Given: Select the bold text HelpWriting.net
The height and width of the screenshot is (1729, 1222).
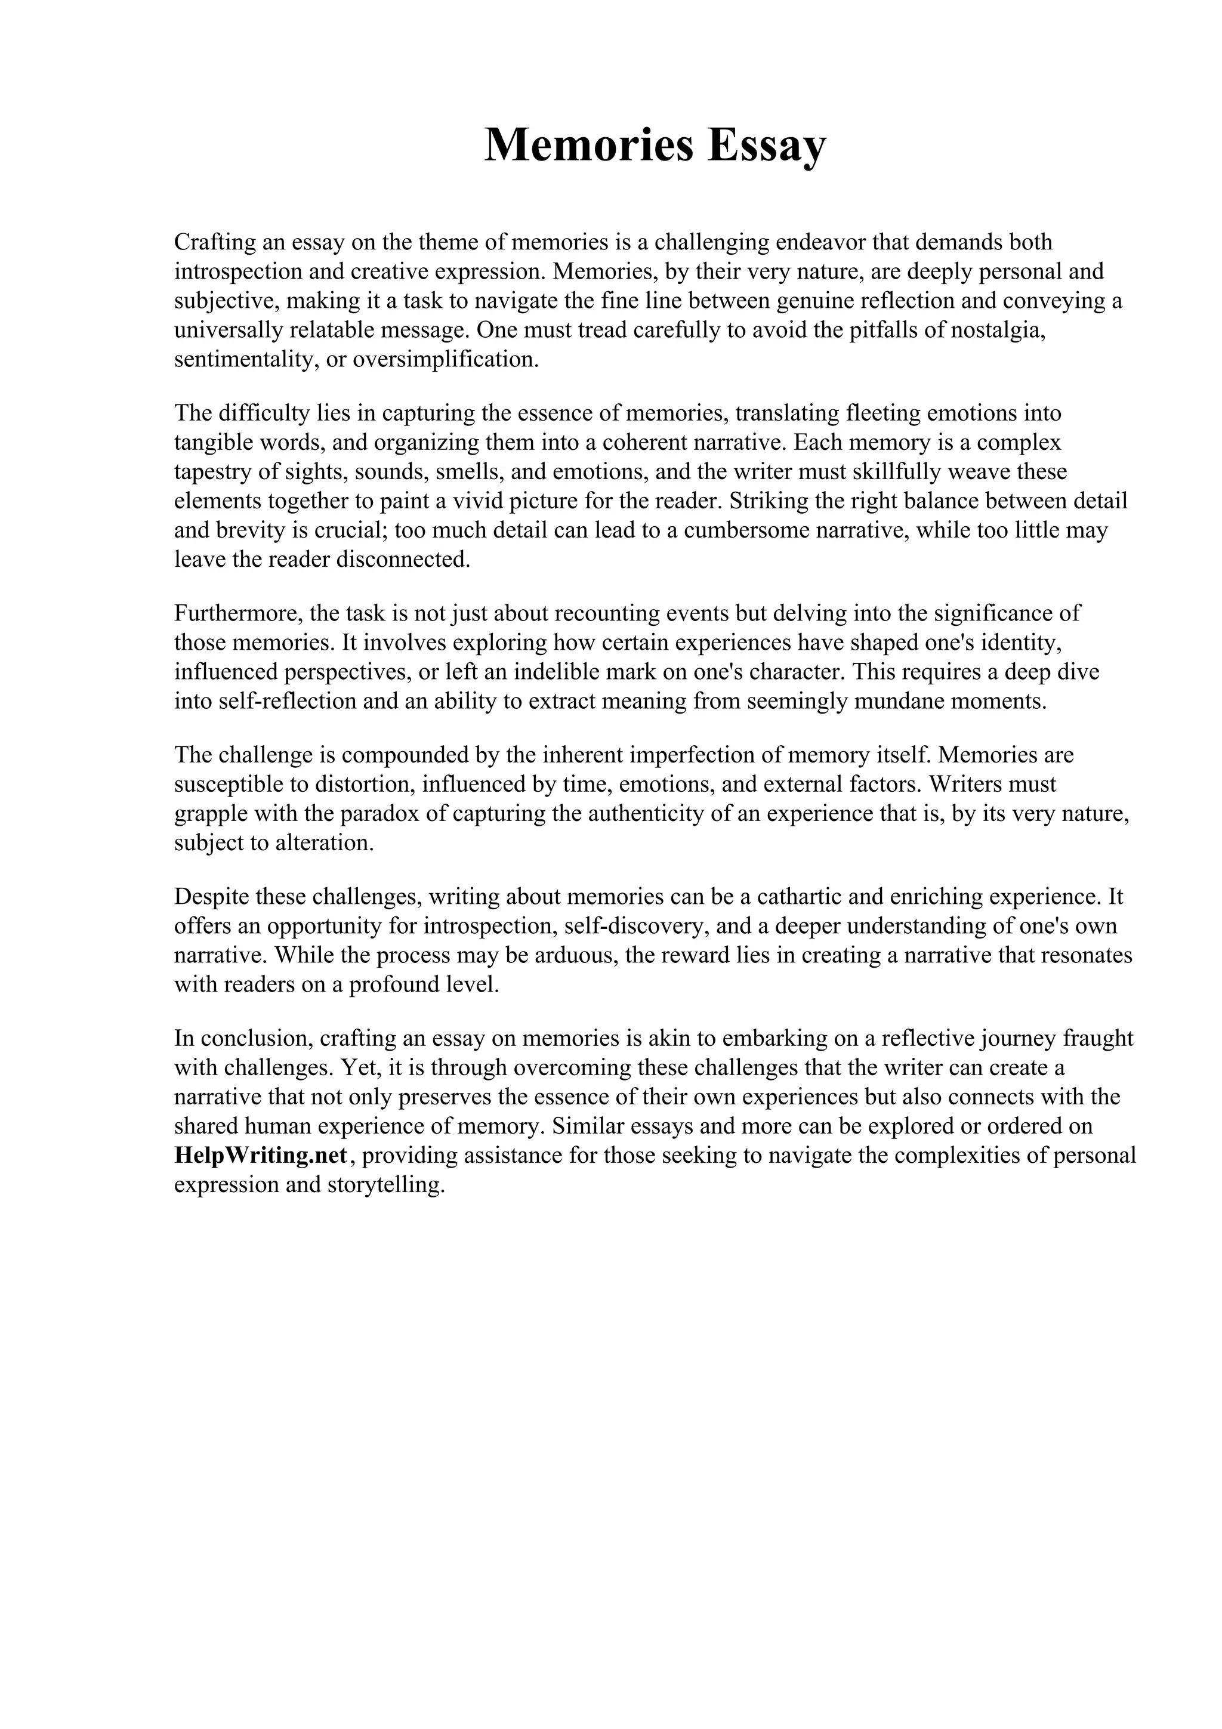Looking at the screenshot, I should click(x=261, y=1155).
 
